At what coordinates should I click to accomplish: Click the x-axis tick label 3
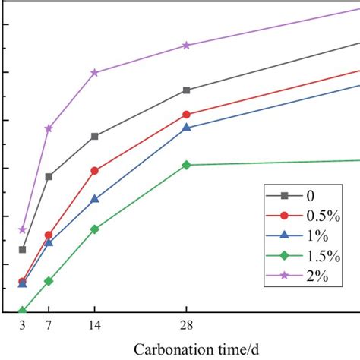click(x=23, y=326)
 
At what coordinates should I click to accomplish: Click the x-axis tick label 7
click(x=49, y=326)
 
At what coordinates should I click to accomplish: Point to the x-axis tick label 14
click(x=94, y=326)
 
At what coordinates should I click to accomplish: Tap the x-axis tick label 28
click(x=186, y=326)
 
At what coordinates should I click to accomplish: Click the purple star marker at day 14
click(x=94, y=73)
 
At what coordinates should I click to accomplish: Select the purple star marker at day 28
click(x=186, y=46)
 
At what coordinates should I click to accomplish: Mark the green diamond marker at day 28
click(x=186, y=165)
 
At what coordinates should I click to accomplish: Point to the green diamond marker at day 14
click(x=94, y=229)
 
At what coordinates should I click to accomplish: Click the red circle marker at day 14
click(x=94, y=171)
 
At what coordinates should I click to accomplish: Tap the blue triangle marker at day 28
click(x=186, y=128)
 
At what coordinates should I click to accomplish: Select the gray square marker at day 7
click(x=49, y=176)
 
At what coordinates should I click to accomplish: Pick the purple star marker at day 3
click(x=23, y=229)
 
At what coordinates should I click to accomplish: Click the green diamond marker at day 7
click(x=49, y=281)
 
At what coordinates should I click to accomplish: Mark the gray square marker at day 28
click(x=186, y=90)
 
